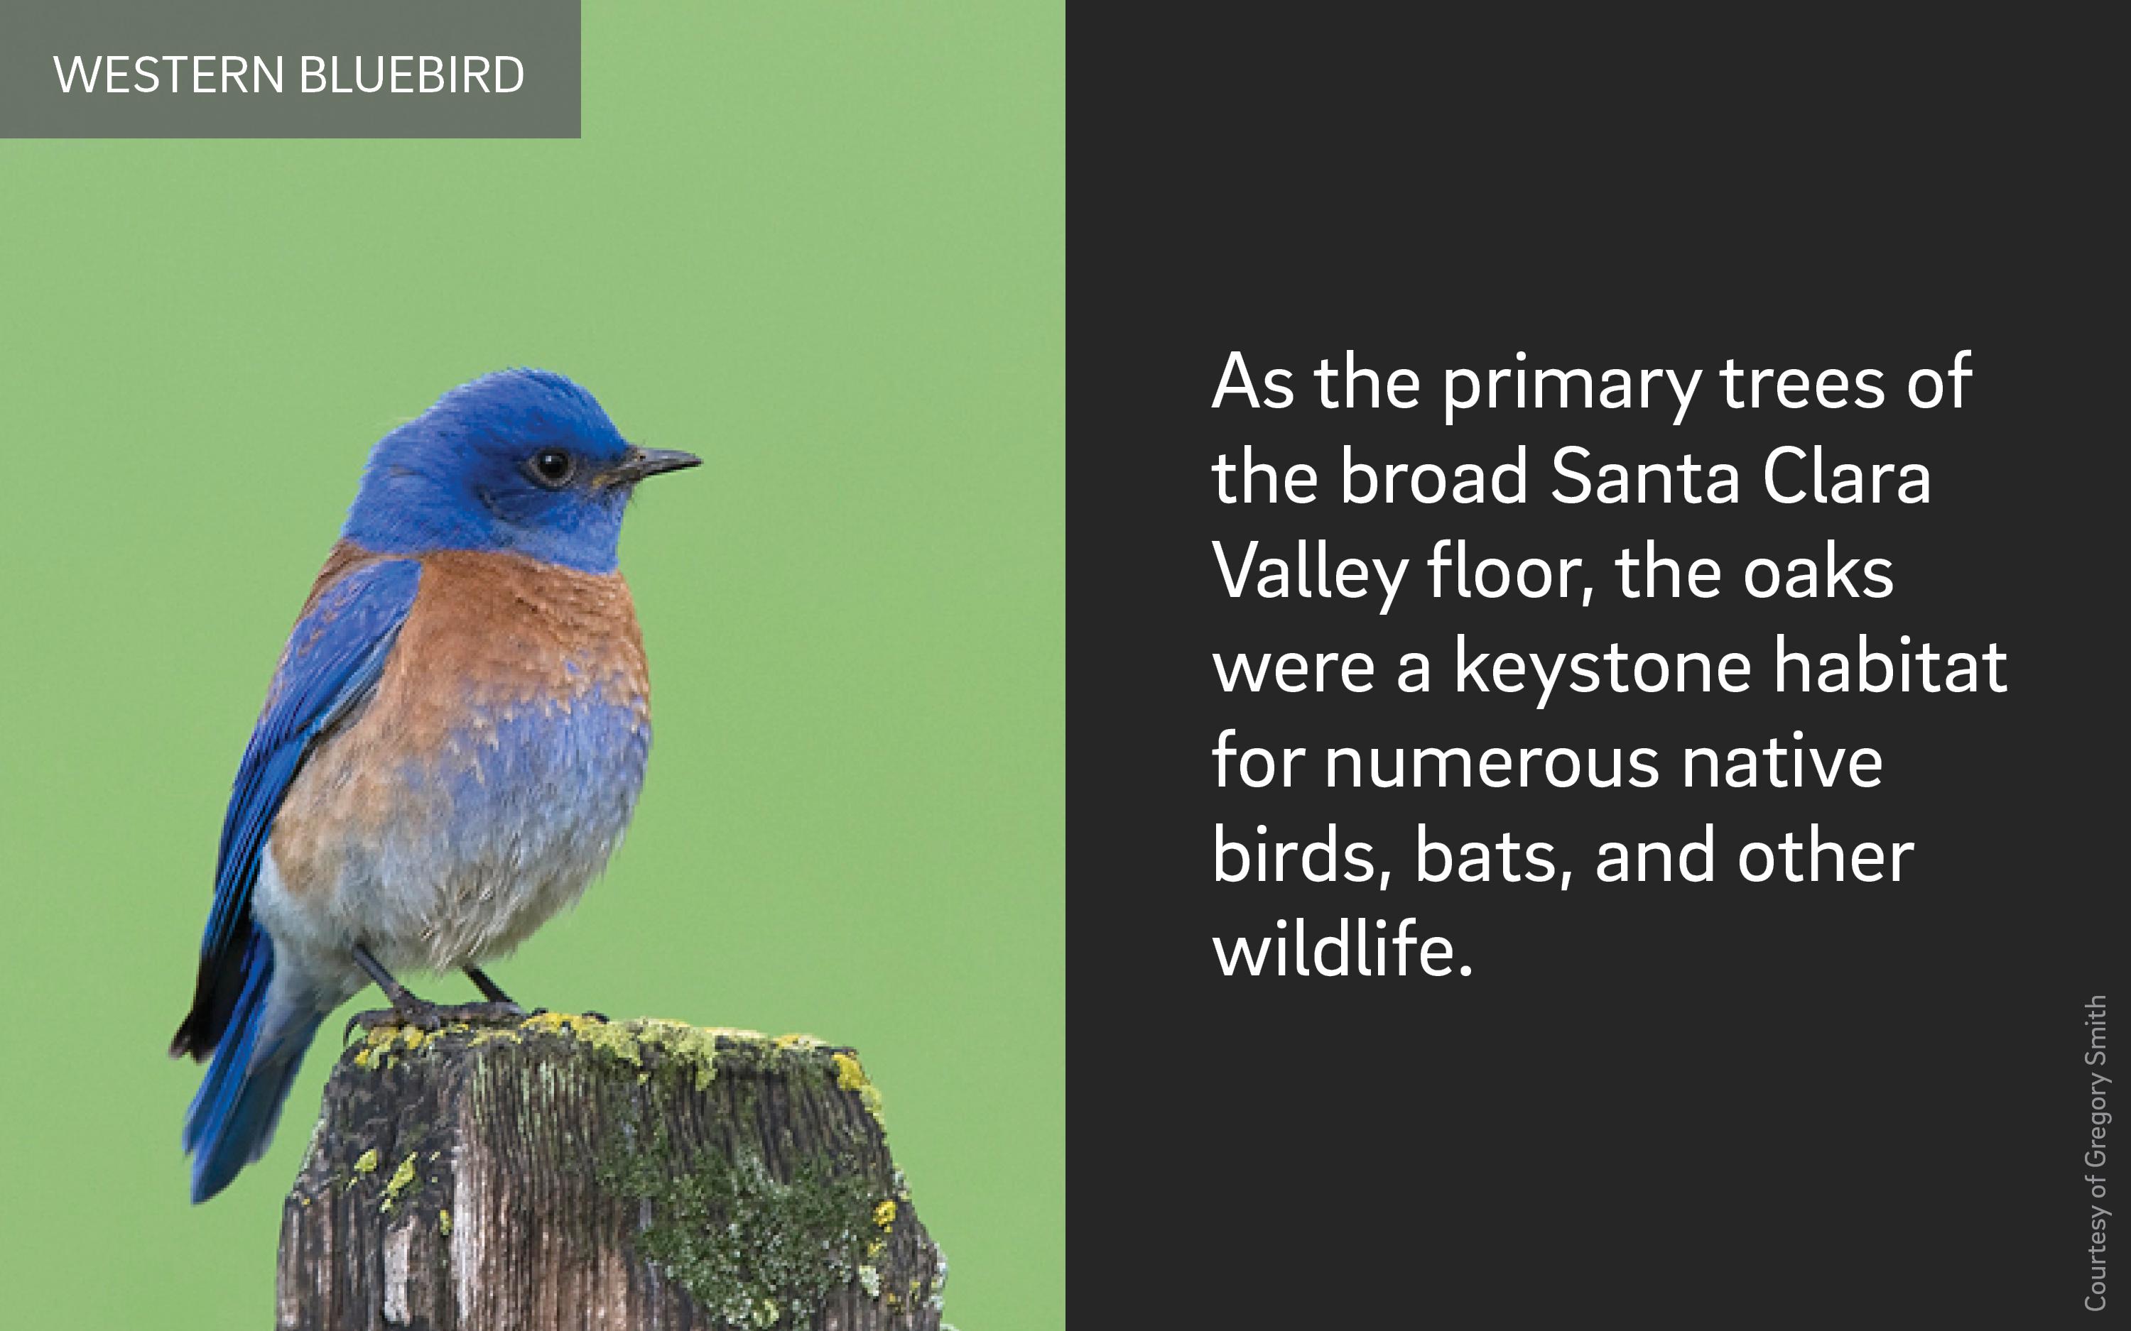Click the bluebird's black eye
[x=552, y=464]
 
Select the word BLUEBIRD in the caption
[x=411, y=75]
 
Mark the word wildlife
[x=1342, y=948]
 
